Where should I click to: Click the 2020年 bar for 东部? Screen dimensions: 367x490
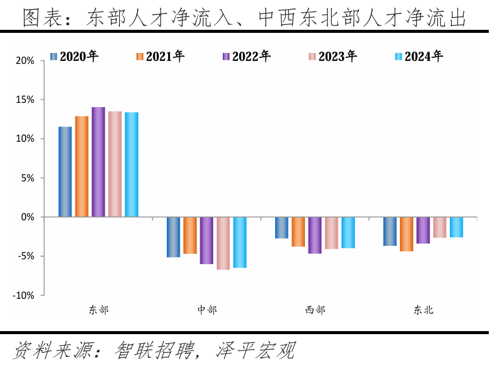click(65, 172)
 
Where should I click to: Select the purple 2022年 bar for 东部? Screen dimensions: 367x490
click(99, 162)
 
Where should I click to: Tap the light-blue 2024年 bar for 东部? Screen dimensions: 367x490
click(131, 164)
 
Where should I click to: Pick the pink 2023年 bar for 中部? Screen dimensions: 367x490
click(223, 243)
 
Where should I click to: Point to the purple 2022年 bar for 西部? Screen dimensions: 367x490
click(315, 235)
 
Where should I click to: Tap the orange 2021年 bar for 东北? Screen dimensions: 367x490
click(407, 234)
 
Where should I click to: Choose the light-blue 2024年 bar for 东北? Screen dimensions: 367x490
click(457, 227)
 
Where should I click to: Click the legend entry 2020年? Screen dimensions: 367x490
click(74, 57)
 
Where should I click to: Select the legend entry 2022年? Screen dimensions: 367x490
click(247, 57)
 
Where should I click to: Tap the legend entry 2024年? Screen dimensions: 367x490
click(419, 57)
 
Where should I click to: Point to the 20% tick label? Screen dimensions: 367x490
click(25, 61)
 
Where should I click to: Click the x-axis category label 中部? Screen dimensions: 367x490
click(207, 310)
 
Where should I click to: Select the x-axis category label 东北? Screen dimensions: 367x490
click(424, 310)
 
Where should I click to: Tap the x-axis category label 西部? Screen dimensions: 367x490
click(315, 310)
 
